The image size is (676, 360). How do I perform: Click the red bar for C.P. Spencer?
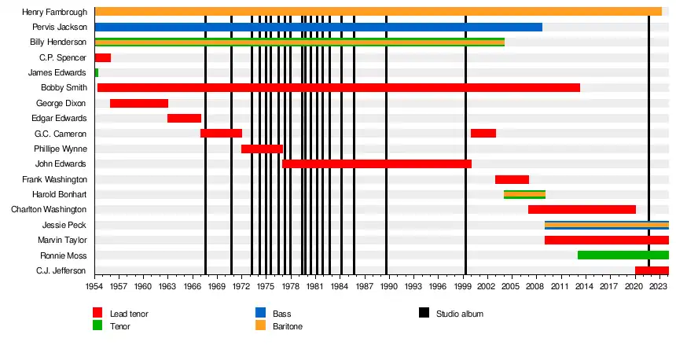(x=102, y=57)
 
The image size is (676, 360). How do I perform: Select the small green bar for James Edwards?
(x=97, y=72)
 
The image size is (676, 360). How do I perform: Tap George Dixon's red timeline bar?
(x=139, y=103)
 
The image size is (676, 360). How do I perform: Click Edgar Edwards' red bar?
(x=184, y=118)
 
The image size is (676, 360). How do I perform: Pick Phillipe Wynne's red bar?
(x=262, y=149)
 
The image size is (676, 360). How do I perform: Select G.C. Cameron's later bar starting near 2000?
(x=483, y=133)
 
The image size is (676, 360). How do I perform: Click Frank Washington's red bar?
(x=512, y=179)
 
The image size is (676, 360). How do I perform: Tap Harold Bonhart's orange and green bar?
(x=524, y=194)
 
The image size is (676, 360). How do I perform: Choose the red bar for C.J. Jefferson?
(x=652, y=270)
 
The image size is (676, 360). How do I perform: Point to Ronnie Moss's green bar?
(x=623, y=255)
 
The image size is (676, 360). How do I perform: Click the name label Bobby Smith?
(x=64, y=87)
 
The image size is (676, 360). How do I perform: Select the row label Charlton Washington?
(x=49, y=210)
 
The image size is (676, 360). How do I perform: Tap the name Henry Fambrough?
(x=55, y=12)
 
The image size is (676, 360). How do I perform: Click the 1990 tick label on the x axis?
(x=386, y=288)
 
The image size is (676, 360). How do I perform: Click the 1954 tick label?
(x=94, y=288)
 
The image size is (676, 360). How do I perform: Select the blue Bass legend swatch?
(x=255, y=314)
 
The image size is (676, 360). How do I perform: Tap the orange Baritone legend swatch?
(x=255, y=325)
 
